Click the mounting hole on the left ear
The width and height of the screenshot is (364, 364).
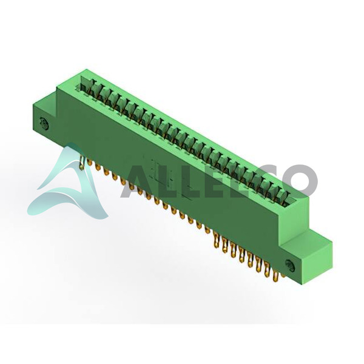tap(44, 123)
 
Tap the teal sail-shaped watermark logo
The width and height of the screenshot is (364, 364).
tap(67, 183)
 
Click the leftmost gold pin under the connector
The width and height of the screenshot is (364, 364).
tap(81, 162)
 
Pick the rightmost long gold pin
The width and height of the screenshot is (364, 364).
tap(275, 276)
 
